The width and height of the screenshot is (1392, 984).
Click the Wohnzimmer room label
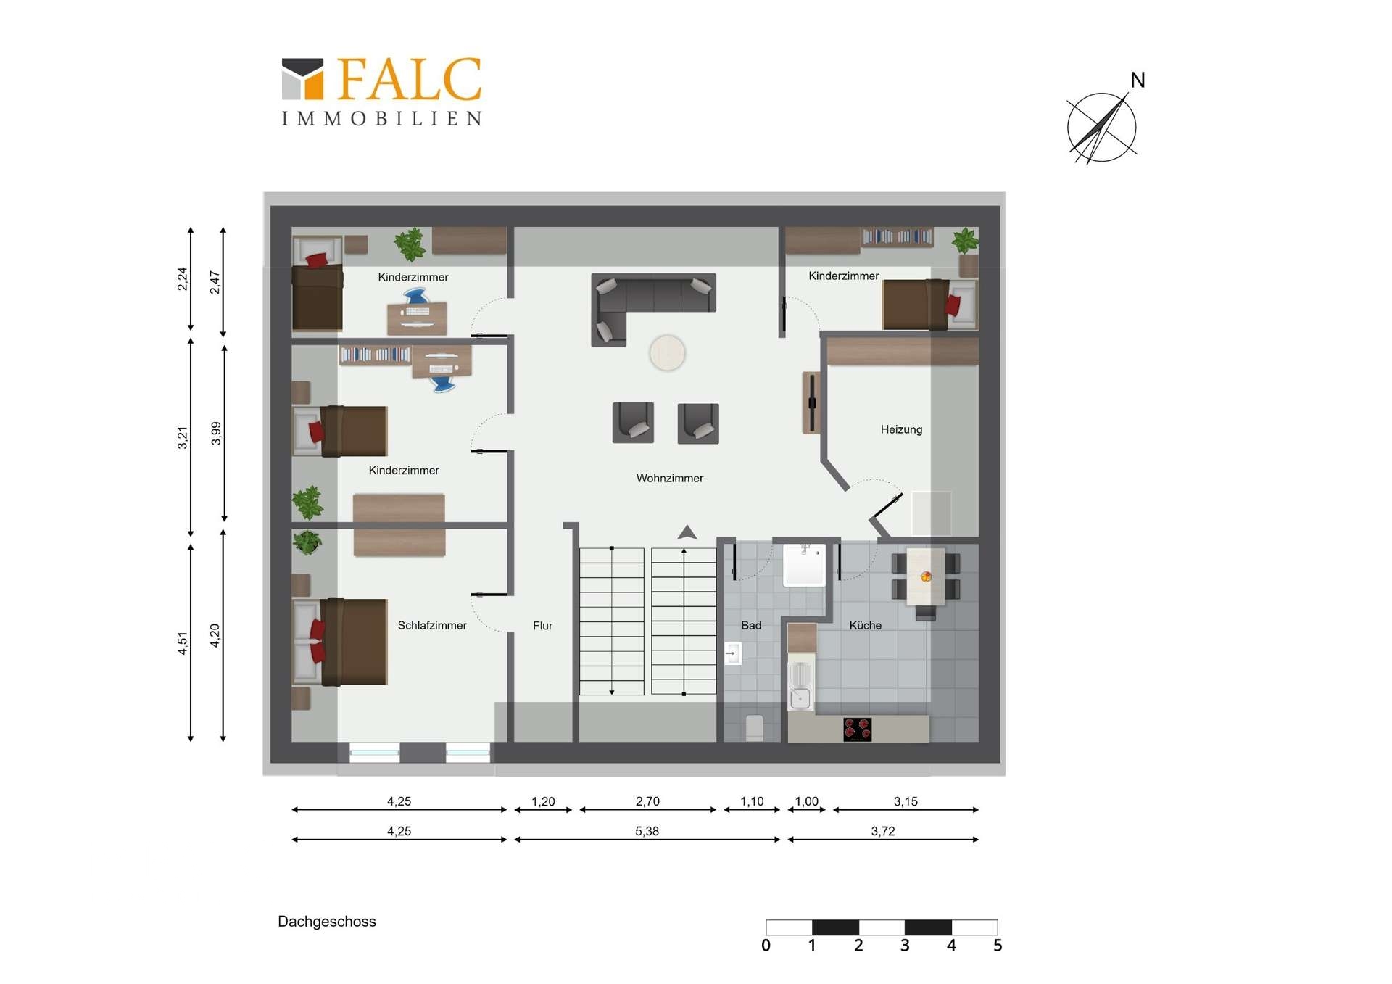pyautogui.click(x=669, y=478)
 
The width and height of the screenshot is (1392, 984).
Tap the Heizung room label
pyautogui.click(x=901, y=429)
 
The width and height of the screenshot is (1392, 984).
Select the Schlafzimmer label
pyautogui.click(x=432, y=625)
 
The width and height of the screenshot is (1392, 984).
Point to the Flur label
pyautogui.click(x=542, y=625)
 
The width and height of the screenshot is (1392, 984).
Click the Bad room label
pyautogui.click(x=751, y=625)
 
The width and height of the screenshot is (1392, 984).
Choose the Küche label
pyautogui.click(x=866, y=625)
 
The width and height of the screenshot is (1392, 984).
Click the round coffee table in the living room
pyautogui.click(x=667, y=353)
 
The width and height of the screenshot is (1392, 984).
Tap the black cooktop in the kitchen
pyautogui.click(x=858, y=729)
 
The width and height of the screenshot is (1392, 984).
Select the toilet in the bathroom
pyautogui.click(x=754, y=727)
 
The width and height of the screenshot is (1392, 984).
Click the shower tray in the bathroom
pyautogui.click(x=804, y=565)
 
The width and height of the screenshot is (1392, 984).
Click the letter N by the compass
pyautogui.click(x=1138, y=80)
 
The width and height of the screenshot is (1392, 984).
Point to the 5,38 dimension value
pyautogui.click(x=647, y=831)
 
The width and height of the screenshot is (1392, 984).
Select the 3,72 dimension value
pyautogui.click(x=883, y=831)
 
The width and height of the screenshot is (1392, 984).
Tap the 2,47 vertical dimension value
pyautogui.click(x=215, y=282)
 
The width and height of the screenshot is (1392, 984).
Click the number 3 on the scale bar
pyautogui.click(x=905, y=946)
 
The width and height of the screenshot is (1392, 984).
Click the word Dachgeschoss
pyautogui.click(x=327, y=922)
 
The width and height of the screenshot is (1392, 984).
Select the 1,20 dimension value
pyautogui.click(x=543, y=801)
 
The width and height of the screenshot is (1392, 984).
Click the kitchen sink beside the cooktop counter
pyautogui.click(x=800, y=685)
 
